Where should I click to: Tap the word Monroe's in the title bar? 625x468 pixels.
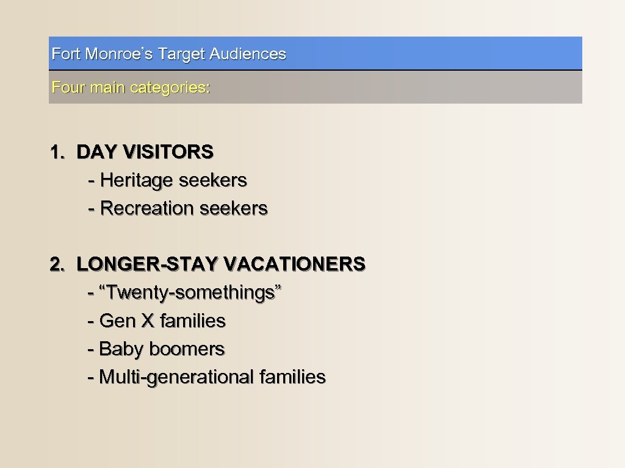click(119, 54)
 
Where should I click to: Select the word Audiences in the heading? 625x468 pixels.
click(248, 54)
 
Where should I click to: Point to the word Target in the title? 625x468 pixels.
click(181, 54)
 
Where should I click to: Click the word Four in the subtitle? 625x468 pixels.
click(68, 88)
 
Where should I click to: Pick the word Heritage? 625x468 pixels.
click(137, 180)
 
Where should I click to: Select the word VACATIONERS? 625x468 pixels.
click(294, 264)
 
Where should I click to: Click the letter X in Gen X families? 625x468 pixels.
click(147, 321)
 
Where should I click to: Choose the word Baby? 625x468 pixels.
click(121, 349)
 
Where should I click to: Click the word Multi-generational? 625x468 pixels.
click(176, 378)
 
